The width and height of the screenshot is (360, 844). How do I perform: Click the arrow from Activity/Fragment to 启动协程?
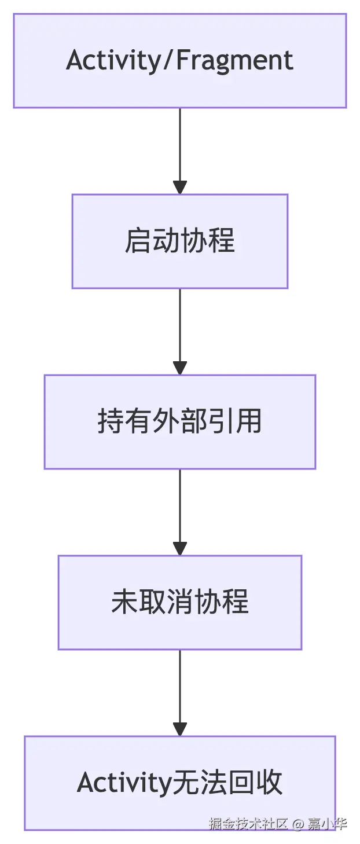point(180,151)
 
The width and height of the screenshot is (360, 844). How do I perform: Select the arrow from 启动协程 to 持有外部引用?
point(180,331)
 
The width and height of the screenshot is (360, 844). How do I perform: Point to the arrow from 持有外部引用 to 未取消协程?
point(180,512)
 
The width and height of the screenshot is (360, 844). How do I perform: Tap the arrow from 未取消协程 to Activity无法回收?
point(180,692)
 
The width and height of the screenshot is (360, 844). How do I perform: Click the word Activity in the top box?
point(113,61)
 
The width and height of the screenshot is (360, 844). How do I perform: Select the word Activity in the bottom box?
point(122,783)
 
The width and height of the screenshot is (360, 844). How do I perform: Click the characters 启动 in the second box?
point(152,241)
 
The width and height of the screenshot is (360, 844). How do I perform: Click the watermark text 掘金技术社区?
point(248,824)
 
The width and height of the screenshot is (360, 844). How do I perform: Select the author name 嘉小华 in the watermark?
point(327,824)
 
